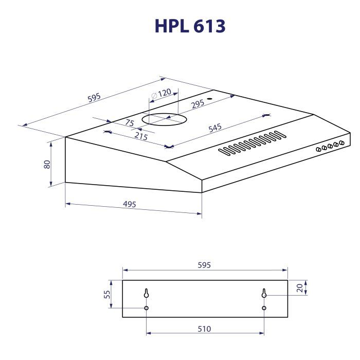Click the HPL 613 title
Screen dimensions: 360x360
pyautogui.click(x=190, y=26)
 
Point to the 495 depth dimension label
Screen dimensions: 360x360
pyautogui.click(x=130, y=204)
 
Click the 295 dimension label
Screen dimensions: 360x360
pyautogui.click(x=197, y=103)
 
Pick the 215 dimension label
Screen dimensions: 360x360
pyautogui.click(x=140, y=136)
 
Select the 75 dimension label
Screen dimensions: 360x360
pyautogui.click(x=129, y=123)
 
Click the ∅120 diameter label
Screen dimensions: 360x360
pyautogui.click(x=161, y=94)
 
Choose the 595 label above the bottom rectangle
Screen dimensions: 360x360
pyautogui.click(x=205, y=265)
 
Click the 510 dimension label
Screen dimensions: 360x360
pyautogui.click(x=205, y=329)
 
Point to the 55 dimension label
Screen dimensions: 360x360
pyautogui.click(x=107, y=295)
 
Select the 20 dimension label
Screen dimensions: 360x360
pyautogui.click(x=299, y=288)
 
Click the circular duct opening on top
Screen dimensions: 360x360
pyautogui.click(x=164, y=119)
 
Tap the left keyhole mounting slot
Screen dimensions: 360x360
pyautogui.click(x=147, y=294)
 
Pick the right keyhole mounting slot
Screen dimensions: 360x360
pyautogui.click(x=264, y=294)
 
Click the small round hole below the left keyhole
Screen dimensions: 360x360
pyautogui.click(x=147, y=308)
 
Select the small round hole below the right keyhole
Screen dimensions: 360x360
pyautogui.click(x=264, y=308)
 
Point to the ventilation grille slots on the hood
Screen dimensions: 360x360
pyautogui.click(x=251, y=143)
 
